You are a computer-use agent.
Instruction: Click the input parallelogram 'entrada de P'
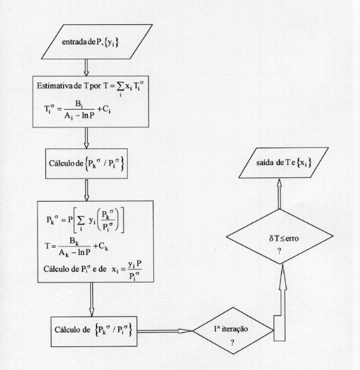(96, 42)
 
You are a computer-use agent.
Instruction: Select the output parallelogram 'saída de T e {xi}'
(284, 163)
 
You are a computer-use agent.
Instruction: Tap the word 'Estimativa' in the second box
(55, 85)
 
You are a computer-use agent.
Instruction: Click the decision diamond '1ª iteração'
(233, 331)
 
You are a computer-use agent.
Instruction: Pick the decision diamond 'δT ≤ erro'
(279, 236)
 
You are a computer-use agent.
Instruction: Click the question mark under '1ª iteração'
(233, 343)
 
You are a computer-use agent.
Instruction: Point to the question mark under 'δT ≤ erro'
(279, 251)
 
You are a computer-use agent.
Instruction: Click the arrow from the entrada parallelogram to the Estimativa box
(86, 67)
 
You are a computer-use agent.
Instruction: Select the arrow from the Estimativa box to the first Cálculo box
(86, 138)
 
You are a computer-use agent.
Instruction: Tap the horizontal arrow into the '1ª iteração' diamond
(165, 331)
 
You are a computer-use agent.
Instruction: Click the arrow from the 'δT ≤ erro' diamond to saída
(279, 194)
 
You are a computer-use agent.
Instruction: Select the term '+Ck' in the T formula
(101, 246)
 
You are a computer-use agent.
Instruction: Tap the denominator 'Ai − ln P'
(79, 116)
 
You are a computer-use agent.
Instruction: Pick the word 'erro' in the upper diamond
(292, 239)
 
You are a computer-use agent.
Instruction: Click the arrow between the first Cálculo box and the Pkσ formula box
(87, 190)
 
